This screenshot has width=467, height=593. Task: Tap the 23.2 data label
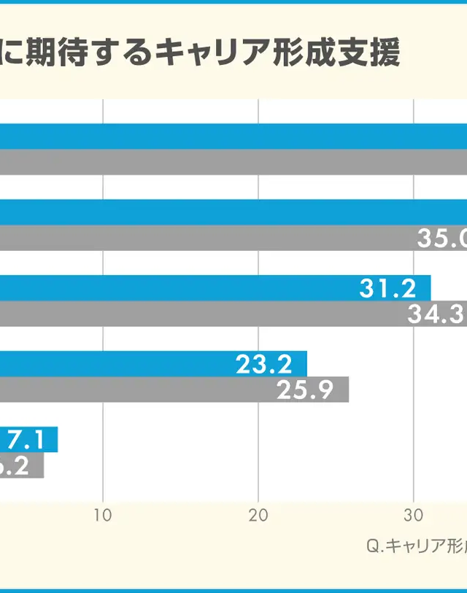click(x=263, y=364)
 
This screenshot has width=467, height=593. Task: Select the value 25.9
click(x=305, y=390)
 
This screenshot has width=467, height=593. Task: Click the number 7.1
click(x=27, y=440)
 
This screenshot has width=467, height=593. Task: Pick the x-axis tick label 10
click(x=103, y=515)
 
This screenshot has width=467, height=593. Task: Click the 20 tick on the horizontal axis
click(x=258, y=515)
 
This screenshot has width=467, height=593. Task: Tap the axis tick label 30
click(x=414, y=515)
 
